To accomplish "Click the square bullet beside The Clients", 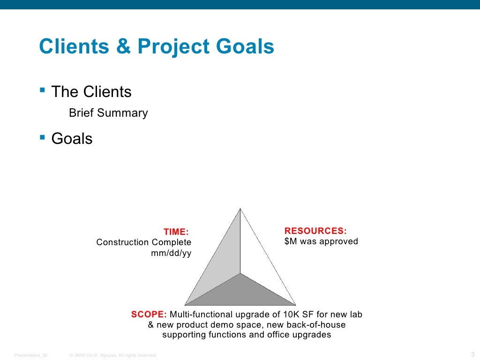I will pos(43,90).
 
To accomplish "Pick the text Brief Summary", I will pos(108,113).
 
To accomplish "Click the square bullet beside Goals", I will pos(43,137).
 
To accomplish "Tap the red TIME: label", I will pos(176,232).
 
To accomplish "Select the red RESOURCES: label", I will pos(315,231).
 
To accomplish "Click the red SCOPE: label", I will pos(149,314).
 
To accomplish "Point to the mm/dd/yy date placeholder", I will pos(171,253).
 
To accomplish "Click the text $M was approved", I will pos(321,241).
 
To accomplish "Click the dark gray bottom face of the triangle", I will pos(240,293).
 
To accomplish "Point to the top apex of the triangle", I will pos(240,209).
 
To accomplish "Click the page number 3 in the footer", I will pos(472,354).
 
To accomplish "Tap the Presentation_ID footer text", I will pos(31,355).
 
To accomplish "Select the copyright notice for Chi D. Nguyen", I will pos(113,355).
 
